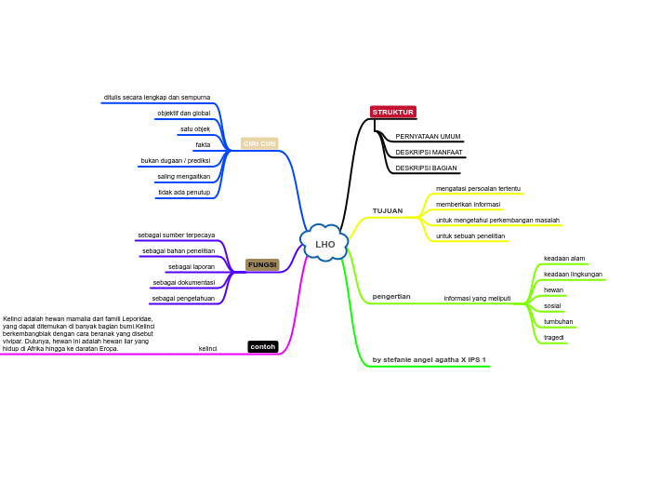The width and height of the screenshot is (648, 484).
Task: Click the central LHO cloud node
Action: [x=324, y=244]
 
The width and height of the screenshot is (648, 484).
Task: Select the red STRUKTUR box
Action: [x=392, y=112]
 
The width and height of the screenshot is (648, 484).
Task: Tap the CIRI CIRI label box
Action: [x=259, y=143]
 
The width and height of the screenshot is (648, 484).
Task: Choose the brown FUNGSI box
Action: [x=262, y=264]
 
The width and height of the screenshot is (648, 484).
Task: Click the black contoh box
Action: [x=263, y=346]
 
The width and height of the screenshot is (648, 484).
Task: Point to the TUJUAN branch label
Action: [x=388, y=211]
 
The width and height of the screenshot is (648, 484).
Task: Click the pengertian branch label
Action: [x=391, y=296]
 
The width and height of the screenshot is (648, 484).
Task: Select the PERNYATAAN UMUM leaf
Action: [x=428, y=136]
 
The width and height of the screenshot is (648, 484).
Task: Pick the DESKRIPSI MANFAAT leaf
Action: [x=429, y=152]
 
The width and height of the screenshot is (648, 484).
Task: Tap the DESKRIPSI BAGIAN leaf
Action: [x=426, y=168]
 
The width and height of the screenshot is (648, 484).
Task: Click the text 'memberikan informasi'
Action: [x=468, y=204]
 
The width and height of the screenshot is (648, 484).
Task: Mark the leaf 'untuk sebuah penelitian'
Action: [x=470, y=235]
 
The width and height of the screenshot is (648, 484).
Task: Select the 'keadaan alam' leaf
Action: [x=564, y=258]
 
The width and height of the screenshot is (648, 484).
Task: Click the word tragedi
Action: [x=554, y=337]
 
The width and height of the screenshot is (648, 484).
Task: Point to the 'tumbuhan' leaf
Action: [x=558, y=321]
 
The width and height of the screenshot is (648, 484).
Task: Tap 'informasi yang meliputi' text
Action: [x=477, y=298]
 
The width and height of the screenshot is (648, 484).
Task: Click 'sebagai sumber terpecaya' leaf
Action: [x=177, y=235]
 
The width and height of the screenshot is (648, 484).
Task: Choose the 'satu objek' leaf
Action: [x=195, y=128]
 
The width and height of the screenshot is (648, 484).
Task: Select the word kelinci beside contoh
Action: [x=207, y=348]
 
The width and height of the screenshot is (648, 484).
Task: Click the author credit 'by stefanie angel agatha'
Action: [x=429, y=359]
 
